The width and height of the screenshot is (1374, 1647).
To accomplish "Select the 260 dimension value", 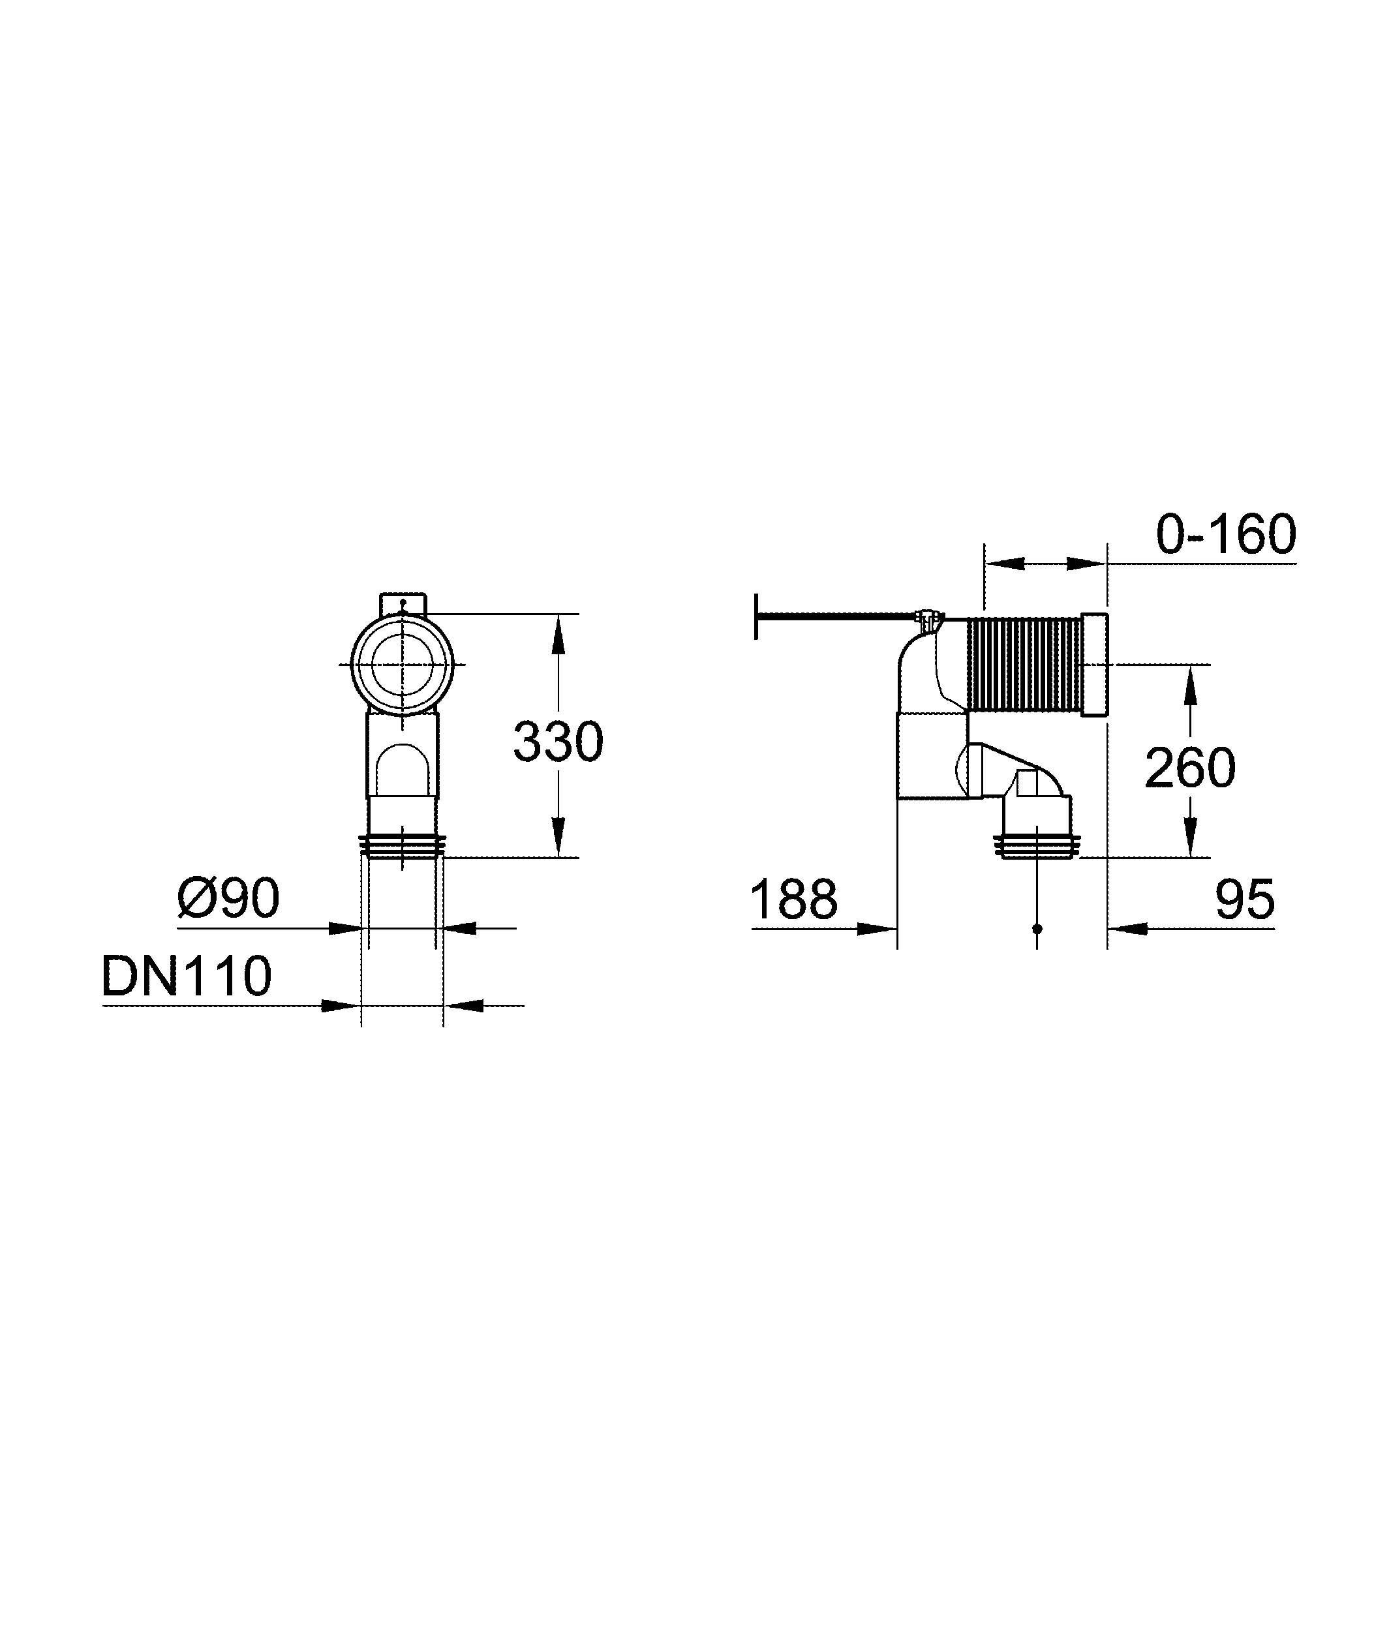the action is (x=1190, y=767).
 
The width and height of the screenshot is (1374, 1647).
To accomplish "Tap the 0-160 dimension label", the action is (x=1226, y=534).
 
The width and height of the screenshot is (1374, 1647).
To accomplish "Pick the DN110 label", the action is (x=187, y=976).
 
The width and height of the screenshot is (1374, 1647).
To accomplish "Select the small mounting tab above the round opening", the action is (x=403, y=605).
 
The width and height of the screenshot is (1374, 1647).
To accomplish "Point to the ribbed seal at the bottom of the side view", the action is (x=1037, y=846).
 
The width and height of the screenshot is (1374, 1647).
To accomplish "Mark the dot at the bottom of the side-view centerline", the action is (x=1037, y=929).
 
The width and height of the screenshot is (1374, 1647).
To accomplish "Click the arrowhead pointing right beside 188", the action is (x=878, y=929).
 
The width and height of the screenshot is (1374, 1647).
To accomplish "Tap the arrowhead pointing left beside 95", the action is (x=1126, y=929).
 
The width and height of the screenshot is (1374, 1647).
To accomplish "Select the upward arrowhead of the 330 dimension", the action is (x=558, y=634).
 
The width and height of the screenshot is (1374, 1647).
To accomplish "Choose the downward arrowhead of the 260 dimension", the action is (x=1190, y=837).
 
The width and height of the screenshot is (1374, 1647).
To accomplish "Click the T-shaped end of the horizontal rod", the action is (x=756, y=616).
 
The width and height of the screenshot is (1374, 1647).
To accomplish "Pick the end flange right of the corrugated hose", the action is (x=1094, y=664).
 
